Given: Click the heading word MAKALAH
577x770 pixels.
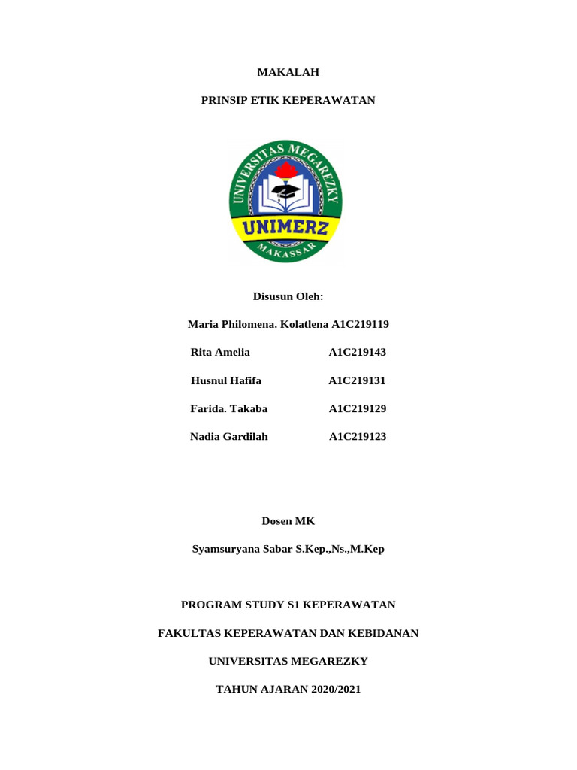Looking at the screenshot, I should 288,72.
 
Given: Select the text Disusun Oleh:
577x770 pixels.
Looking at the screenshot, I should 288,297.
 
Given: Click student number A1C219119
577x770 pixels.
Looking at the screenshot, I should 360,325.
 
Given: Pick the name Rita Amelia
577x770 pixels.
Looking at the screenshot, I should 220,352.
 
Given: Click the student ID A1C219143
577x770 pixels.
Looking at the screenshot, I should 357,352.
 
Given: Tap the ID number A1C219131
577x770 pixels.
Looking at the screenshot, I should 357,380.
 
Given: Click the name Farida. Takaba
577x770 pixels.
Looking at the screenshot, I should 229,408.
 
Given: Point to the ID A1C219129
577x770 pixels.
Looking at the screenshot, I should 357,408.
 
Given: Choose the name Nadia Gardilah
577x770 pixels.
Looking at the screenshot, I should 229,436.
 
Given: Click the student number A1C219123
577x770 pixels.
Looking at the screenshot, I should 358,436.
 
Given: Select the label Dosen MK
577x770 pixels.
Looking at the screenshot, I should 288,520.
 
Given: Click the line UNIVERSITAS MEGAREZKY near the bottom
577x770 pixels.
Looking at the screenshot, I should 288,661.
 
